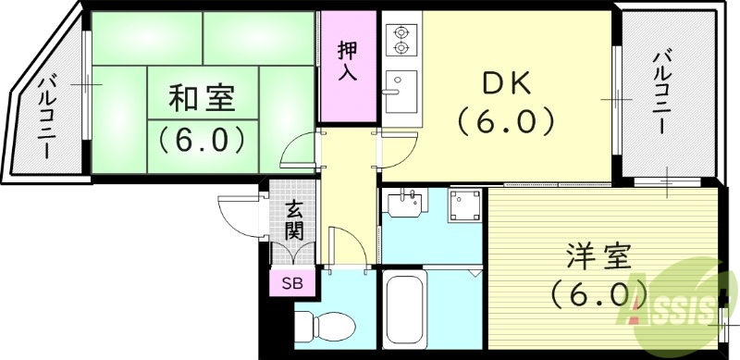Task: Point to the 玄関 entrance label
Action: (x=293, y=220)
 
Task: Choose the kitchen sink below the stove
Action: (x=401, y=90)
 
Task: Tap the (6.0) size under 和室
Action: (x=201, y=139)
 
